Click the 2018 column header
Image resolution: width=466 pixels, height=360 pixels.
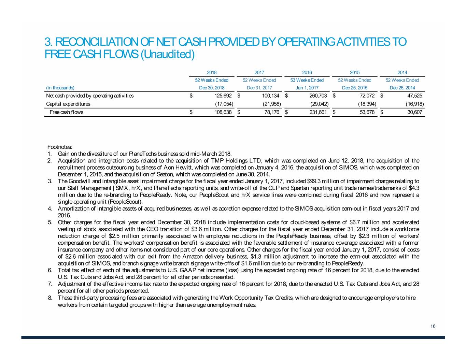click(x=212, y=72)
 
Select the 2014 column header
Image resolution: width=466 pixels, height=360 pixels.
click(x=402, y=72)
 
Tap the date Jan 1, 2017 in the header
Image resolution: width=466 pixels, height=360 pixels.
click(x=307, y=88)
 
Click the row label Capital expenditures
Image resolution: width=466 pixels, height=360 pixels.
click(x=68, y=104)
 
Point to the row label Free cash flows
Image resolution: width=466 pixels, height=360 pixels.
click(x=66, y=112)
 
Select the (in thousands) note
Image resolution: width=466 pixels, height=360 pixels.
click(x=60, y=88)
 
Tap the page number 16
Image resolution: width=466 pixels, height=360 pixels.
click(x=433, y=327)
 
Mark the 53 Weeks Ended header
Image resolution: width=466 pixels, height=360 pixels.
click(x=307, y=80)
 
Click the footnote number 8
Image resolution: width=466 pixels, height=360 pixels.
click(x=50, y=298)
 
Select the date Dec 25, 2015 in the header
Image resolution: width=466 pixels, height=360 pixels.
click(x=355, y=88)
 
